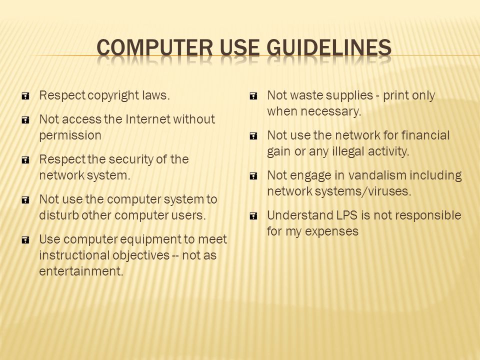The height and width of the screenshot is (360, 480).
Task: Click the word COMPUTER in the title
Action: click(x=154, y=48)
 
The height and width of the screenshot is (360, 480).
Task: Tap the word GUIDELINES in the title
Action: click(x=329, y=48)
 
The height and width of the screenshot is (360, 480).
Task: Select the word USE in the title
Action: click(x=239, y=48)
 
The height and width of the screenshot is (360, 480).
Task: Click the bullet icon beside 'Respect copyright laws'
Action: click(x=25, y=96)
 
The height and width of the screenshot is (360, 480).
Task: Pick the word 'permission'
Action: click(x=70, y=136)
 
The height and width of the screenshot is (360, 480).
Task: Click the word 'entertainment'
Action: click(x=81, y=271)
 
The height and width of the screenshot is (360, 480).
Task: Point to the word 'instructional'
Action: click(x=74, y=255)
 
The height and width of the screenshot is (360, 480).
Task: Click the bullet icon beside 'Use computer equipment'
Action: click(x=25, y=240)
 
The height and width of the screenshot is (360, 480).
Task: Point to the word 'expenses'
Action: click(x=331, y=232)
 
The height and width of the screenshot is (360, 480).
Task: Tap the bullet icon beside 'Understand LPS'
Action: click(x=253, y=216)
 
